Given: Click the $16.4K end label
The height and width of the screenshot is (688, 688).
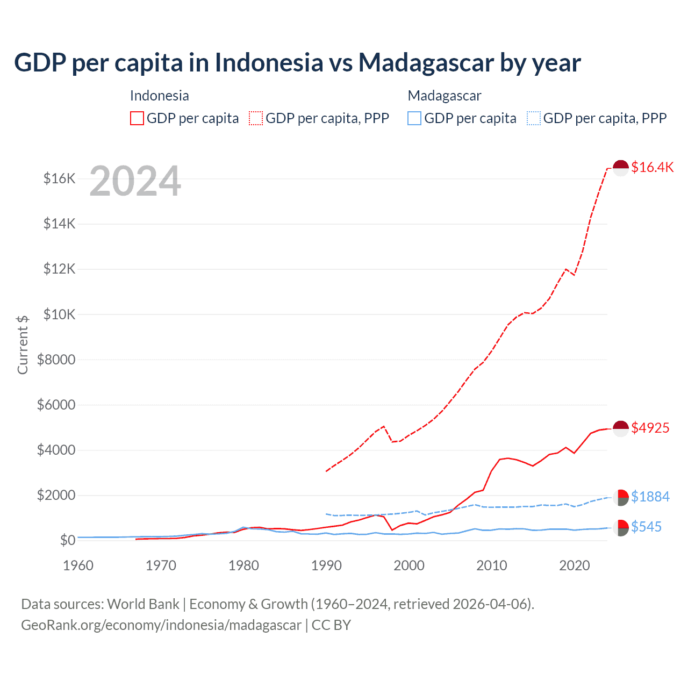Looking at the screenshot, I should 652,167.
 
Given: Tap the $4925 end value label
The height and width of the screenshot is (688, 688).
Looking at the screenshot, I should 650,428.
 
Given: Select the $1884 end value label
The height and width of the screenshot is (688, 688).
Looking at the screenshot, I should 650,497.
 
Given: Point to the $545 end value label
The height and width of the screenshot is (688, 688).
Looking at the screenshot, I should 646,527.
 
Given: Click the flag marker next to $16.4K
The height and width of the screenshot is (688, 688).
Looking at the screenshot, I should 621,168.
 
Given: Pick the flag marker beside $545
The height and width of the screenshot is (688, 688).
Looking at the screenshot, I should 621,528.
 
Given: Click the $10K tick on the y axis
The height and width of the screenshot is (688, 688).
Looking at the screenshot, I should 59,314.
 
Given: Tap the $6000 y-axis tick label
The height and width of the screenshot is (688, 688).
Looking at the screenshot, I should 56,405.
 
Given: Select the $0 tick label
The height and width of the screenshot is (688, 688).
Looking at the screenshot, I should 67,540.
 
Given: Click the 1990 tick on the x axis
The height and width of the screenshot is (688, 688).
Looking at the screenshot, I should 326,565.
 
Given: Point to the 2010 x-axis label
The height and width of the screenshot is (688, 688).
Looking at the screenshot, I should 492,565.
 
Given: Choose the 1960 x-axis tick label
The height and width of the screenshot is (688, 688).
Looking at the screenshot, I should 78,565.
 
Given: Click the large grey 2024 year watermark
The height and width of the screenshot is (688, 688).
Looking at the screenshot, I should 135,181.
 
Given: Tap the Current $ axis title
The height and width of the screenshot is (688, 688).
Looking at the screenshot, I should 23,345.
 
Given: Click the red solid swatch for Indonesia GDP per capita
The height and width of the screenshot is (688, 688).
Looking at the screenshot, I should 137,118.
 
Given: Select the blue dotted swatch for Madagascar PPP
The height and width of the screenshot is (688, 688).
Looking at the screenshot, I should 534,118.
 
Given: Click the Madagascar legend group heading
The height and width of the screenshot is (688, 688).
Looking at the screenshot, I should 444,96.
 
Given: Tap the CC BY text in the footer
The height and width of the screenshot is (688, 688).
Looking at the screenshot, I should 331,625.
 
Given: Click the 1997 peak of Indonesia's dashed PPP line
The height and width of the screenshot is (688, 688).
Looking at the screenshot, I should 383,426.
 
